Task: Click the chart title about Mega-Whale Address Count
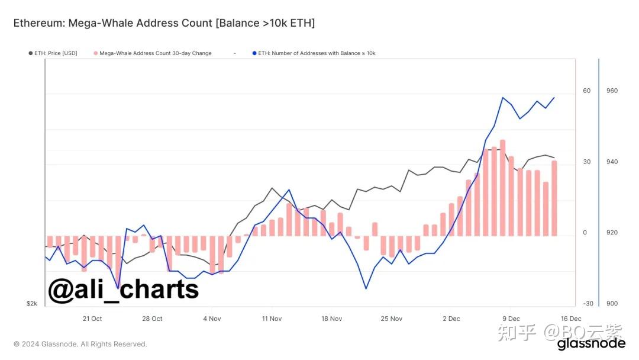164,23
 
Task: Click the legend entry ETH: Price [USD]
53,53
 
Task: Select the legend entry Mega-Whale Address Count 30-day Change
155,53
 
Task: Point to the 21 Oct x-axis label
92,319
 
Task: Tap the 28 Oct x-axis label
152,319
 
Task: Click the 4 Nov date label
212,319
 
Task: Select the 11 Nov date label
272,319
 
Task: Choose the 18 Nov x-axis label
331,319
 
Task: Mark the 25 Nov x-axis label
391,319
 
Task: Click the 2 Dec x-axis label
451,319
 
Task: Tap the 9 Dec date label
511,319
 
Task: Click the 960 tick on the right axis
612,91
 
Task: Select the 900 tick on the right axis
612,304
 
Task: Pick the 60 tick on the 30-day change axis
586,91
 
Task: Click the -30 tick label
588,304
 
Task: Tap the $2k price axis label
32,304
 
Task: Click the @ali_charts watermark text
123,290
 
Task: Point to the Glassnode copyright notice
80,344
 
